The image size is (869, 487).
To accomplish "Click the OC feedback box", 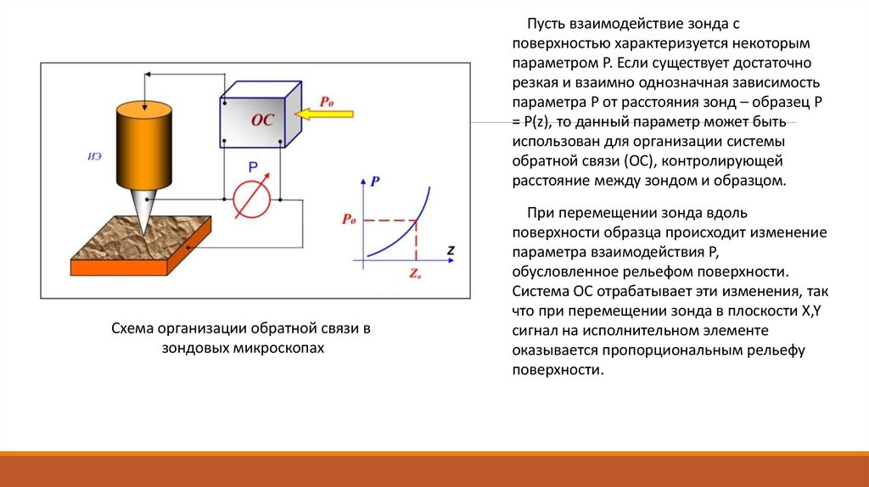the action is (x=259, y=120).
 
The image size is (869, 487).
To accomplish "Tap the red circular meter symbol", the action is (x=252, y=197).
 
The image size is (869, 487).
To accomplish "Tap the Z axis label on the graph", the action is (x=451, y=250).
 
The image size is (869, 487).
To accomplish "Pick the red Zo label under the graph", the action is (x=415, y=274).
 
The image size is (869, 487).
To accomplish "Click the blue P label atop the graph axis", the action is (x=375, y=181).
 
